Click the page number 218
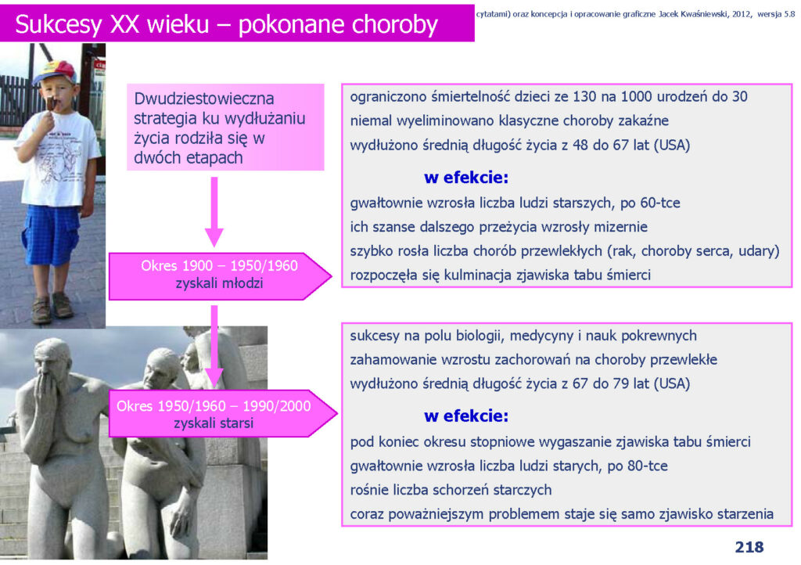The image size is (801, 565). click(x=749, y=547)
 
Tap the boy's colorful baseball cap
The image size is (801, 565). click(x=55, y=71)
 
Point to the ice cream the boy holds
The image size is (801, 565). click(x=51, y=103)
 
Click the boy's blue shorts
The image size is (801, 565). click(x=50, y=234)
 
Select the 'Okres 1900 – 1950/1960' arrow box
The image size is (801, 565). click(x=220, y=276)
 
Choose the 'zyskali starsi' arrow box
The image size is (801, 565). click(x=223, y=413)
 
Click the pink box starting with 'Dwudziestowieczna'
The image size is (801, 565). click(x=225, y=128)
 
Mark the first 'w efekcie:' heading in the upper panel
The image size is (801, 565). click(x=466, y=178)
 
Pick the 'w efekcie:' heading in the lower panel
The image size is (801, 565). click(x=466, y=416)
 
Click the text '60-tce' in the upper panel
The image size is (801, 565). click(x=660, y=203)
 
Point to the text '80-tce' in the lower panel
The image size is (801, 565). click(x=647, y=466)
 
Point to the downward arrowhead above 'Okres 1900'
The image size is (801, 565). click(x=214, y=238)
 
